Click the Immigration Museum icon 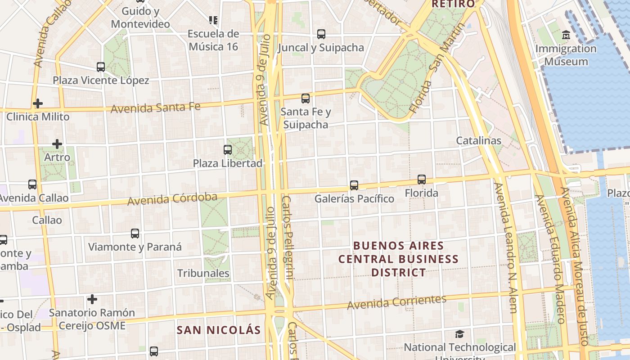[x=566, y=35]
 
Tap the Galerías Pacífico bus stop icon [x=354, y=185]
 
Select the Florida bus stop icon [x=422, y=180]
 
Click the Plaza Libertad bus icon [x=228, y=150]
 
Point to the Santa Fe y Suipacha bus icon [x=306, y=98]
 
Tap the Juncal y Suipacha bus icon [x=321, y=34]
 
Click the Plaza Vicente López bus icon [x=101, y=67]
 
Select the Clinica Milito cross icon [x=38, y=103]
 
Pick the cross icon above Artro [x=57, y=144]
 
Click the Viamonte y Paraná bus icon [x=135, y=234]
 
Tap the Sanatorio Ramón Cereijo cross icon [x=92, y=299]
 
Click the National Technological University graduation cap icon [x=459, y=334]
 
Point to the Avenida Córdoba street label [x=172, y=198]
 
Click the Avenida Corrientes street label [x=396, y=302]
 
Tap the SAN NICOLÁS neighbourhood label [x=219, y=330]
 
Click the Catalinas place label [x=478, y=140]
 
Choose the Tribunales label [x=203, y=273]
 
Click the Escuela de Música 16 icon [x=213, y=20]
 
